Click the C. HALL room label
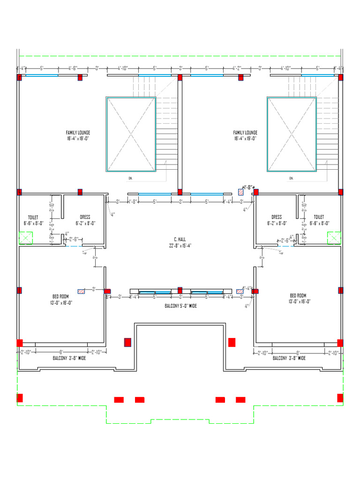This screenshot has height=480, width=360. coord(180,239)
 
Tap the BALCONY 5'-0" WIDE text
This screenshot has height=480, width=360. coord(180,306)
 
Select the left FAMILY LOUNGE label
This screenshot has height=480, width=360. coord(78,133)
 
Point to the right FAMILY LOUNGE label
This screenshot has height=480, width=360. coord(245,133)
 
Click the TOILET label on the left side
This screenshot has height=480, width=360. coord(33,217)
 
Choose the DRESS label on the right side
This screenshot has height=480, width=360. coord(277,217)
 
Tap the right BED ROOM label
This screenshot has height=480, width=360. coord(298,296)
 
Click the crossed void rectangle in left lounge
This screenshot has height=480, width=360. coord(131,134)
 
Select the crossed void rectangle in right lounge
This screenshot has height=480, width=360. coord(292,134)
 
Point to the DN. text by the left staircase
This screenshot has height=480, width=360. coord(130,179)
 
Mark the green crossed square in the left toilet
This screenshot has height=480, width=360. coord(25,238)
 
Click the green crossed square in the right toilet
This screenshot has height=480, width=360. coord(334,238)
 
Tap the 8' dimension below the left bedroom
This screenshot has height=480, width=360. coord(61,352)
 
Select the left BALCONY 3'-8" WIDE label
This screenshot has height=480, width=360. coord(69,358)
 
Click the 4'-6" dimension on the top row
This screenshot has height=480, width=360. coord(73,68)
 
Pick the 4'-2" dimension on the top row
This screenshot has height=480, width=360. coord(237,68)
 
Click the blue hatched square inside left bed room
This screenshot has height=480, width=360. coord(81,291)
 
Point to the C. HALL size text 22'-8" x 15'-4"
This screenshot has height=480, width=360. coord(180,246)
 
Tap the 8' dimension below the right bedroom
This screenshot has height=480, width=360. coord(298,352)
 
